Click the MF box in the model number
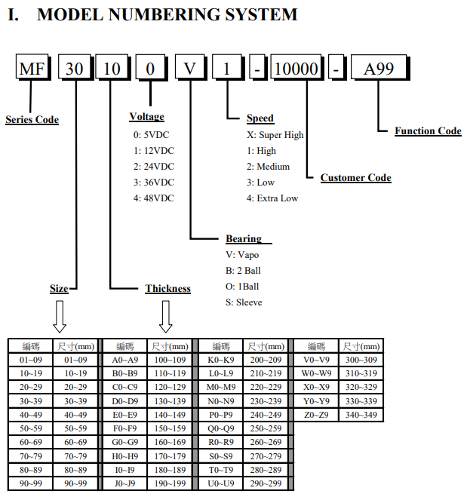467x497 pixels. click(32, 67)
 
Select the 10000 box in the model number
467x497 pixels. click(296, 67)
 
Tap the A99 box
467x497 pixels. click(379, 67)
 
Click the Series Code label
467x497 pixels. click(32, 119)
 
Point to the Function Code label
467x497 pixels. click(428, 130)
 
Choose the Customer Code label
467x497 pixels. click(355, 177)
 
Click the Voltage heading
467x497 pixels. click(147, 117)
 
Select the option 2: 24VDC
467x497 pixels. click(154, 167)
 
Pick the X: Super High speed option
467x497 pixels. click(275, 135)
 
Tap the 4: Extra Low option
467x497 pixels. click(272, 198)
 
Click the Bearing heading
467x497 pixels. click(244, 238)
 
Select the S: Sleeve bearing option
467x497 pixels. click(244, 302)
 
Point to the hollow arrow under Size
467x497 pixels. click(60, 316)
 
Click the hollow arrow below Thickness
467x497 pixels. click(165, 316)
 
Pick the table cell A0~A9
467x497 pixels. click(125, 360)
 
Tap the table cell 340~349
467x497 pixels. click(361, 415)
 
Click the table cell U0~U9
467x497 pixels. click(220, 483)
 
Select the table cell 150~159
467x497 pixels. click(170, 428)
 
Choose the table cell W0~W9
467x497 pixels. click(316, 373)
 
